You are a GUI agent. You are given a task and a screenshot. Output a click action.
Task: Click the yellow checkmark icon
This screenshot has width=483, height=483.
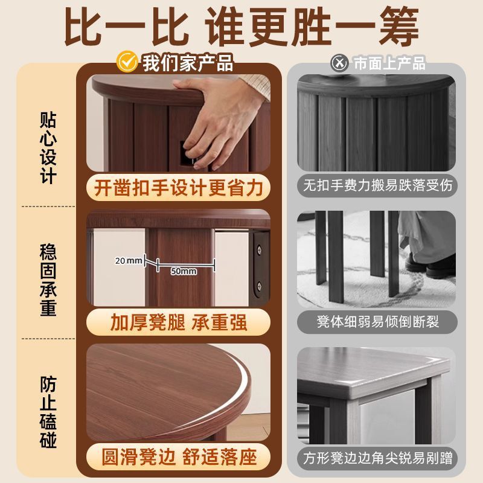127,62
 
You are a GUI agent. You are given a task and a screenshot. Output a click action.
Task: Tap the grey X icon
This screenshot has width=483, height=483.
339,63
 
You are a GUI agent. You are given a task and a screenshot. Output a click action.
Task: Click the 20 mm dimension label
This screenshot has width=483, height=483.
129,261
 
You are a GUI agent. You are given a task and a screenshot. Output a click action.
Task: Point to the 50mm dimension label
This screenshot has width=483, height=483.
184,271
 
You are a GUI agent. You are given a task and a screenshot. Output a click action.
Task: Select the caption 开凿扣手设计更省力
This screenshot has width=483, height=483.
178,188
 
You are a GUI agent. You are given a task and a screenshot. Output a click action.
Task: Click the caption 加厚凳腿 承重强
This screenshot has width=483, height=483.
179,322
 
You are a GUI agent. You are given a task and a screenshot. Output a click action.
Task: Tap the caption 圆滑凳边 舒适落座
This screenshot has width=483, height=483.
179,457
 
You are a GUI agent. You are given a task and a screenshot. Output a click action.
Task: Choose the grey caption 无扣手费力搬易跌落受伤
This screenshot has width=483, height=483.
378,185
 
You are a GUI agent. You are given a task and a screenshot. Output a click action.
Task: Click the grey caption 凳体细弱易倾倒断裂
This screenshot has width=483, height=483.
378,322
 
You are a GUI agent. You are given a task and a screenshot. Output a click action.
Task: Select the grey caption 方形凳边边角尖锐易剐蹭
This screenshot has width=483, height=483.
378,458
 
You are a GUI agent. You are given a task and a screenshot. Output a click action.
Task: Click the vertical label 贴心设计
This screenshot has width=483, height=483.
48,148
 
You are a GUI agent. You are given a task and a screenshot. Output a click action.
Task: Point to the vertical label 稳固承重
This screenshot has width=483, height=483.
48,280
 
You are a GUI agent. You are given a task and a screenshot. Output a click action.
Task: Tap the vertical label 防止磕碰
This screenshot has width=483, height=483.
48,412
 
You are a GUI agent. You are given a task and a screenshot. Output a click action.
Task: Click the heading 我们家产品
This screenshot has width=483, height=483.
188,63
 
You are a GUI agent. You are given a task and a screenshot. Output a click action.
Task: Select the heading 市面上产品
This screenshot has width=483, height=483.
389,63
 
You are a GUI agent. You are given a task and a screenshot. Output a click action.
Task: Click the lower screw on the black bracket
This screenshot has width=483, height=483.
260,286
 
